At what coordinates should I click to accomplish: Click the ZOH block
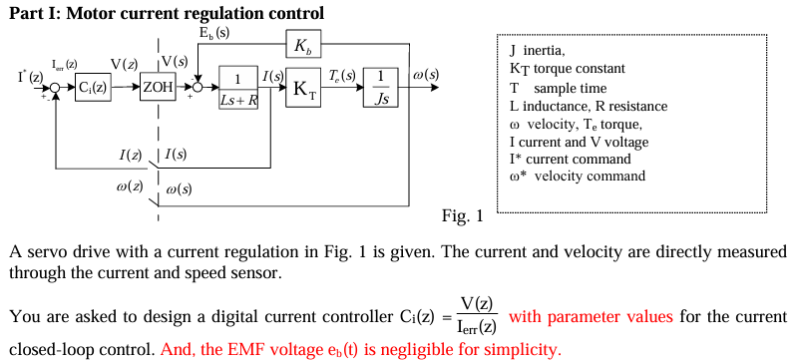(159, 87)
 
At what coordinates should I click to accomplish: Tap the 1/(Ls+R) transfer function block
(237, 88)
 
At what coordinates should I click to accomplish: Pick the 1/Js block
(381, 88)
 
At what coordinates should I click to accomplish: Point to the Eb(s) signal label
(213, 33)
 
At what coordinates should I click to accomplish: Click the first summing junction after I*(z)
(57, 88)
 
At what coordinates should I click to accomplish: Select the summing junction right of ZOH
(198, 88)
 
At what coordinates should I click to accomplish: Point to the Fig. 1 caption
(461, 215)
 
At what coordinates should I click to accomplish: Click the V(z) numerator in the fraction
(476, 303)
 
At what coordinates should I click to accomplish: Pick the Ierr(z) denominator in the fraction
(476, 326)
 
